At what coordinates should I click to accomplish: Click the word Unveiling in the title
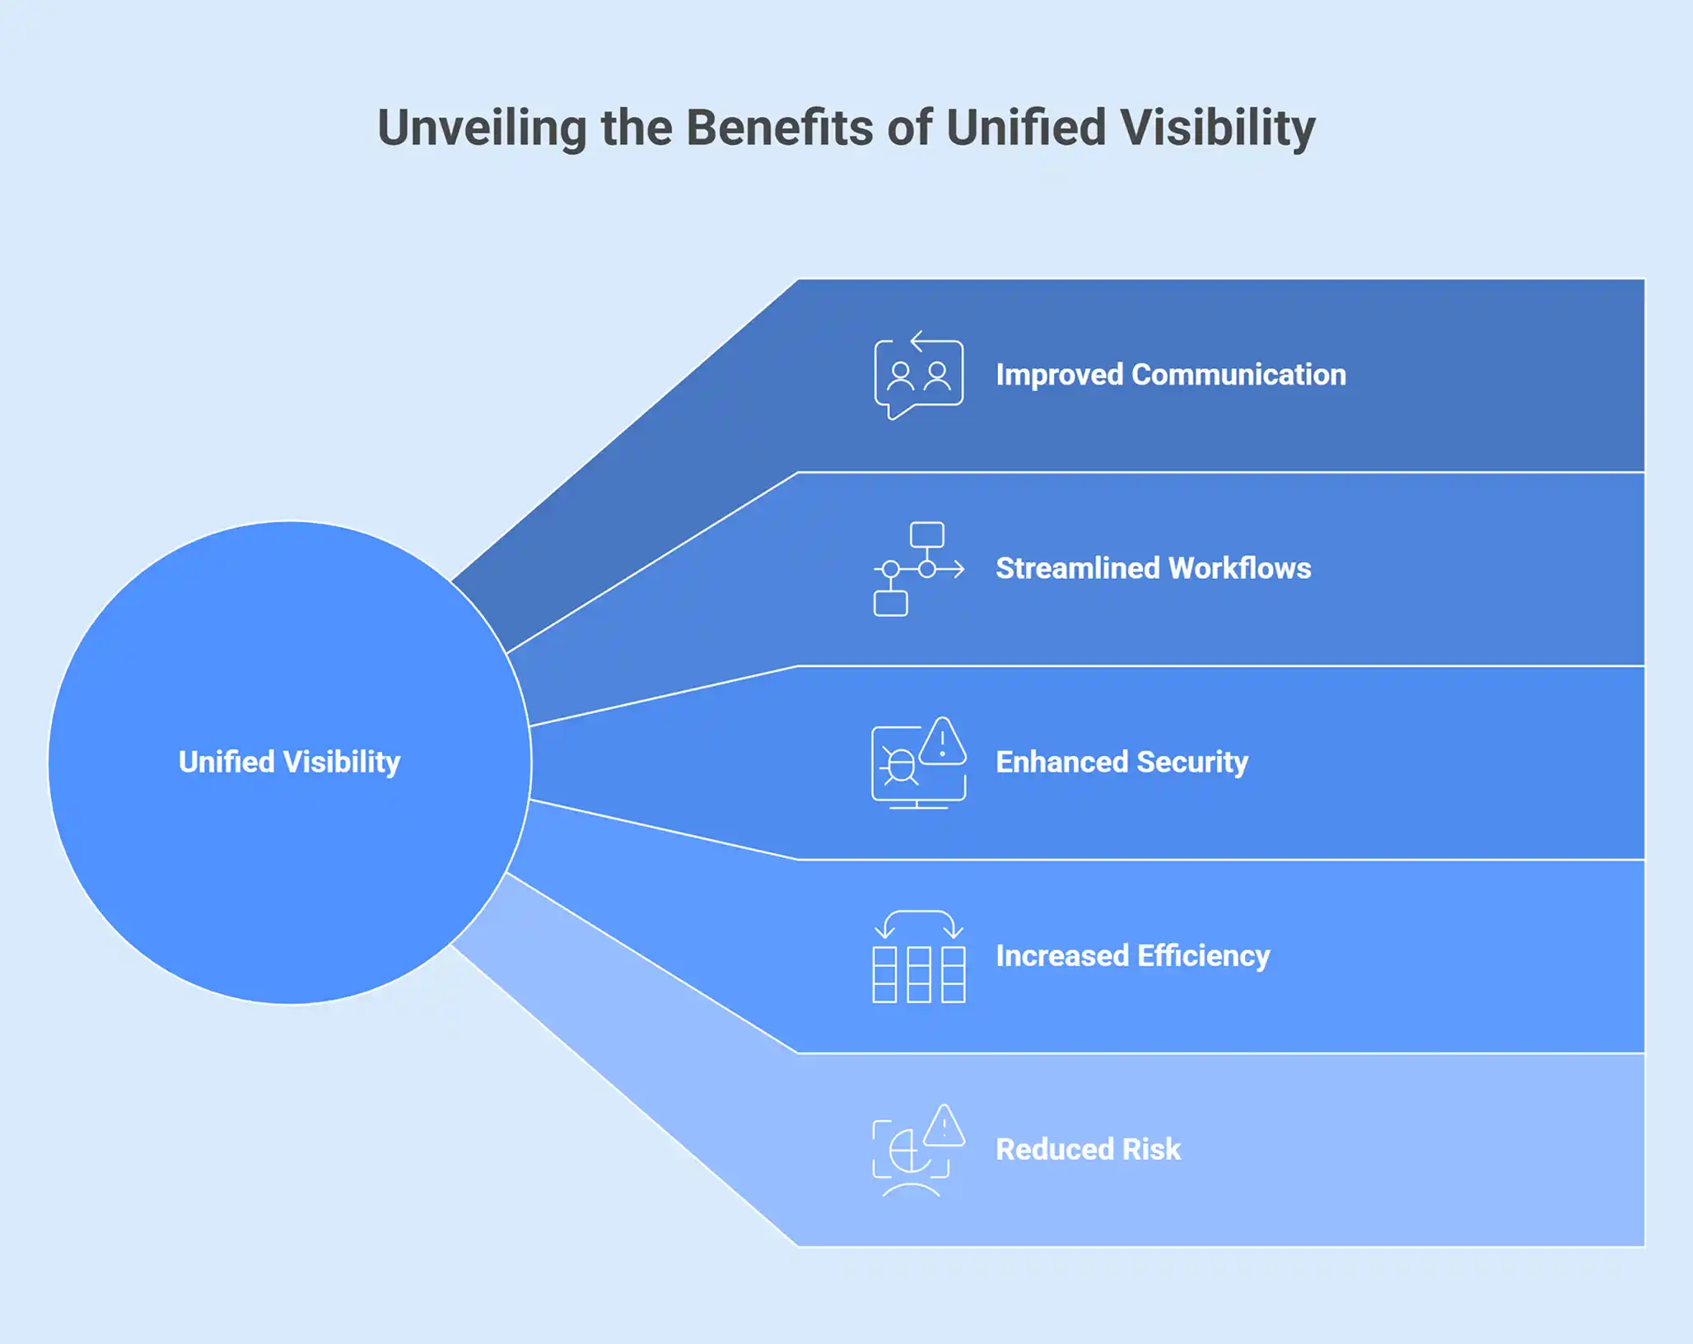(x=483, y=128)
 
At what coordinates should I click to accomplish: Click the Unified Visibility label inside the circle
(x=290, y=763)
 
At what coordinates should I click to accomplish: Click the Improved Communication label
(x=1171, y=375)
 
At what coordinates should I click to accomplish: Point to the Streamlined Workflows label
(x=1153, y=568)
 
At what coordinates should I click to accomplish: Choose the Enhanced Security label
(x=1122, y=763)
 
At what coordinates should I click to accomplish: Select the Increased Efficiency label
(x=1132, y=956)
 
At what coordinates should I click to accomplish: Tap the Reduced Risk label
(x=1088, y=1149)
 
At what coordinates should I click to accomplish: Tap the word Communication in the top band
(x=1239, y=375)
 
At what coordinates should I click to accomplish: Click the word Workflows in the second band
(x=1239, y=568)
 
